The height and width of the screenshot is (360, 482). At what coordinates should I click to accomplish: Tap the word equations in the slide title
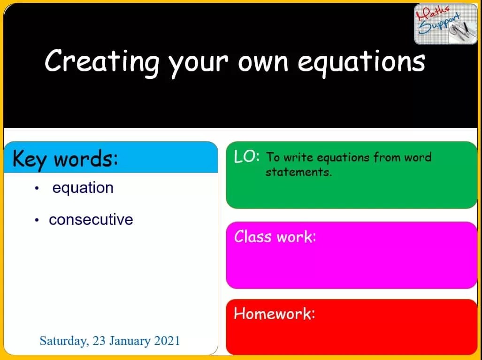point(361,62)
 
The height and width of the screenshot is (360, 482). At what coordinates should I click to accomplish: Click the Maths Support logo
point(445,23)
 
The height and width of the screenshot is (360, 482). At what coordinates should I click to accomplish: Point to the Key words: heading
point(65,159)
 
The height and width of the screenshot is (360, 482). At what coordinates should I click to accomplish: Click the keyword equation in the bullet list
point(83,188)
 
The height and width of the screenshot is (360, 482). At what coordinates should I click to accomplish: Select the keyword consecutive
point(91,220)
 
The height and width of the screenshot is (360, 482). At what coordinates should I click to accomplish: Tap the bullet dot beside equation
point(37,189)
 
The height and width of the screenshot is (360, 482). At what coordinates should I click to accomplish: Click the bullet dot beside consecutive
point(37,220)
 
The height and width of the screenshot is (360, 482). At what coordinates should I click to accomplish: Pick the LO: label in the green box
point(246,157)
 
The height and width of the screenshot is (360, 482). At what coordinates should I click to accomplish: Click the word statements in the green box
point(298,172)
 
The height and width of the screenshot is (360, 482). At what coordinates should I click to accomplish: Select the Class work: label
point(275,236)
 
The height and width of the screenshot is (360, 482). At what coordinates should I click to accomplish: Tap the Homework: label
point(275,313)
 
